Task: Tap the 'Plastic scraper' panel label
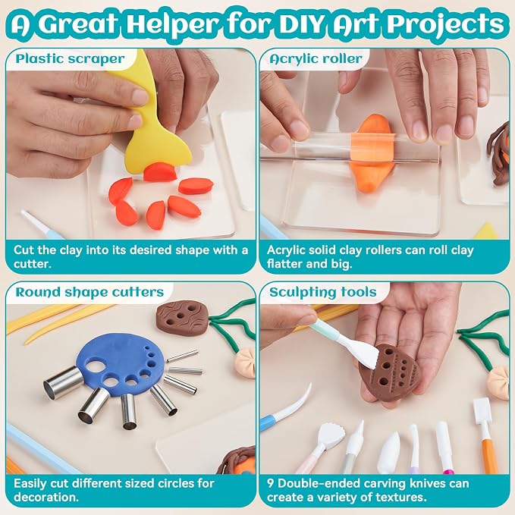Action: (x=70, y=59)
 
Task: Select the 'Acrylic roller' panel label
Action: (x=316, y=59)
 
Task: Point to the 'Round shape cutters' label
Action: (x=89, y=292)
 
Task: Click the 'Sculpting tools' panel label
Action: (x=322, y=292)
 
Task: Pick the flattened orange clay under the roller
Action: (x=372, y=152)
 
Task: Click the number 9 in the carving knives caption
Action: (x=270, y=483)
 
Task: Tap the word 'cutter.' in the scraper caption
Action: (x=33, y=264)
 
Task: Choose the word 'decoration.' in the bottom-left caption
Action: (x=46, y=497)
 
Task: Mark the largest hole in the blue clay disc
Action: (x=96, y=366)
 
